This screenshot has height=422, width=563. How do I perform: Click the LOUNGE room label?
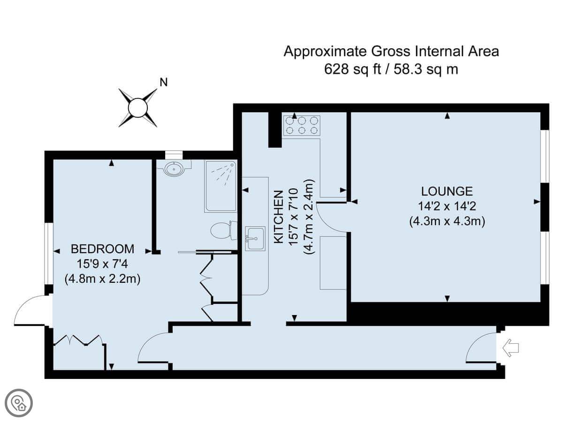pyautogui.click(x=447, y=191)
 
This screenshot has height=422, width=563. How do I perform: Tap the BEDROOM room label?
pyautogui.click(x=102, y=249)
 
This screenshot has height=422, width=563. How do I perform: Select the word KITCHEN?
pyautogui.click(x=279, y=217)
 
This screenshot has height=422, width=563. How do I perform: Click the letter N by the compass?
pyautogui.click(x=163, y=83)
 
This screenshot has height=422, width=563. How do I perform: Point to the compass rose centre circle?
pyautogui.click(x=138, y=108)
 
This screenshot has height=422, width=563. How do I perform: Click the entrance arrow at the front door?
pyautogui.click(x=510, y=348)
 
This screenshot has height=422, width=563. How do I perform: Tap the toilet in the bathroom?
pyautogui.click(x=224, y=230)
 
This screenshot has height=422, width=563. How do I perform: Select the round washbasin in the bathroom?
pyautogui.click(x=174, y=169)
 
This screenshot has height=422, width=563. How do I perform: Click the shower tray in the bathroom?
pyautogui.click(x=221, y=186)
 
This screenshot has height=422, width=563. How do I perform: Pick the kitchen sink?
pyautogui.click(x=255, y=239)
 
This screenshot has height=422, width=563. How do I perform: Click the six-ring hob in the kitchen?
pyautogui.click(x=301, y=125)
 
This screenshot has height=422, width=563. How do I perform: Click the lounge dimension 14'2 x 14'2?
pyautogui.click(x=447, y=206)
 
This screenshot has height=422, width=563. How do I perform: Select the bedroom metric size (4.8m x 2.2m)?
pyautogui.click(x=102, y=279)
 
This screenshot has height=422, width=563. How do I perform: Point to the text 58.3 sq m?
pyautogui.click(x=426, y=69)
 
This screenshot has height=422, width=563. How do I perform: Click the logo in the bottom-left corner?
pyautogui.click(x=19, y=403)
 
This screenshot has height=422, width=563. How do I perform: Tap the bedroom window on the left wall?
pyautogui.click(x=48, y=254)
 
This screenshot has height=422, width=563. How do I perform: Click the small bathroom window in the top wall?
pyautogui.click(x=174, y=155)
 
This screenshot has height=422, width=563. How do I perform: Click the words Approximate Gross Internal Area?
pyautogui.click(x=391, y=51)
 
